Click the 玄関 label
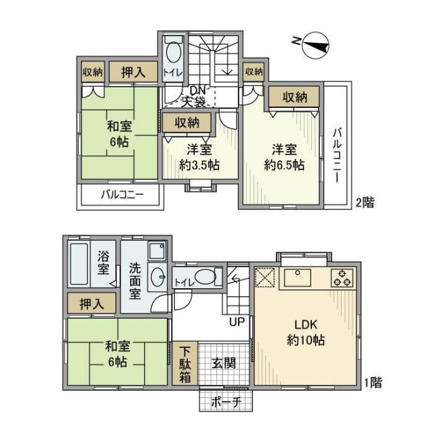pos(223,363)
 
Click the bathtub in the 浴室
pos(81,266)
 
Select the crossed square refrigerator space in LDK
pos(265,278)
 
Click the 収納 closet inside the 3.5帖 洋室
pos(186,123)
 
